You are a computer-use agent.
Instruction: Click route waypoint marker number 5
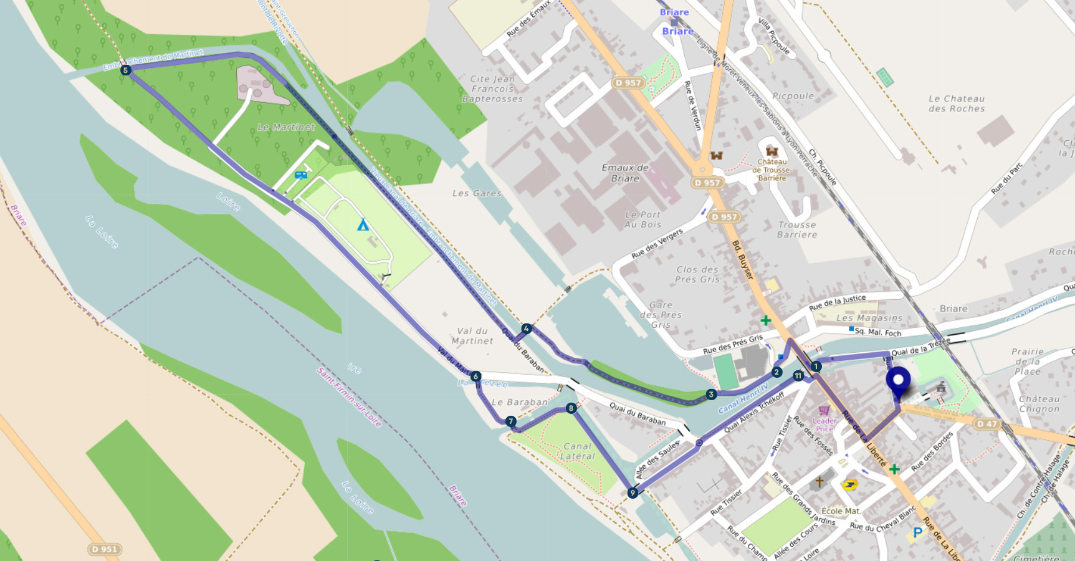point(126,70)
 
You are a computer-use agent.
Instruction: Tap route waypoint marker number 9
point(633,493)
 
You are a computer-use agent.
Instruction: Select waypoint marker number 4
point(527,329)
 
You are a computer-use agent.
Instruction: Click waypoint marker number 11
point(798,376)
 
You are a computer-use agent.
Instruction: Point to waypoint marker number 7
point(511,422)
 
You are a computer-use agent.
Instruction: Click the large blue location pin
point(898,381)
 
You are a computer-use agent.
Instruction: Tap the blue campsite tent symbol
point(363,225)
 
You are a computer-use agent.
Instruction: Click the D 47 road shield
point(987,424)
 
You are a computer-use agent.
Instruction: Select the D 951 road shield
point(104,549)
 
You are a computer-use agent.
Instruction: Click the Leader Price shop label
point(824,424)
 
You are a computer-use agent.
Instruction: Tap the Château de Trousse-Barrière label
point(772,170)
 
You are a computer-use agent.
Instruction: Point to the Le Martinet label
point(286,127)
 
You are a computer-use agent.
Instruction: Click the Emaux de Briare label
point(625,173)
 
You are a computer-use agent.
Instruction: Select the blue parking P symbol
point(917,532)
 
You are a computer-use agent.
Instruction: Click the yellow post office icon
point(849,484)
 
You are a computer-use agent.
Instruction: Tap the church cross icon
point(819,482)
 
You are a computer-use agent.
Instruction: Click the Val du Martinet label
point(472,336)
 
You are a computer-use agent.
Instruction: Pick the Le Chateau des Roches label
point(957,103)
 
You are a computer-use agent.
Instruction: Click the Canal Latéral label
point(578,451)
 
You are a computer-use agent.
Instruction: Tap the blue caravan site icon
point(301,175)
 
